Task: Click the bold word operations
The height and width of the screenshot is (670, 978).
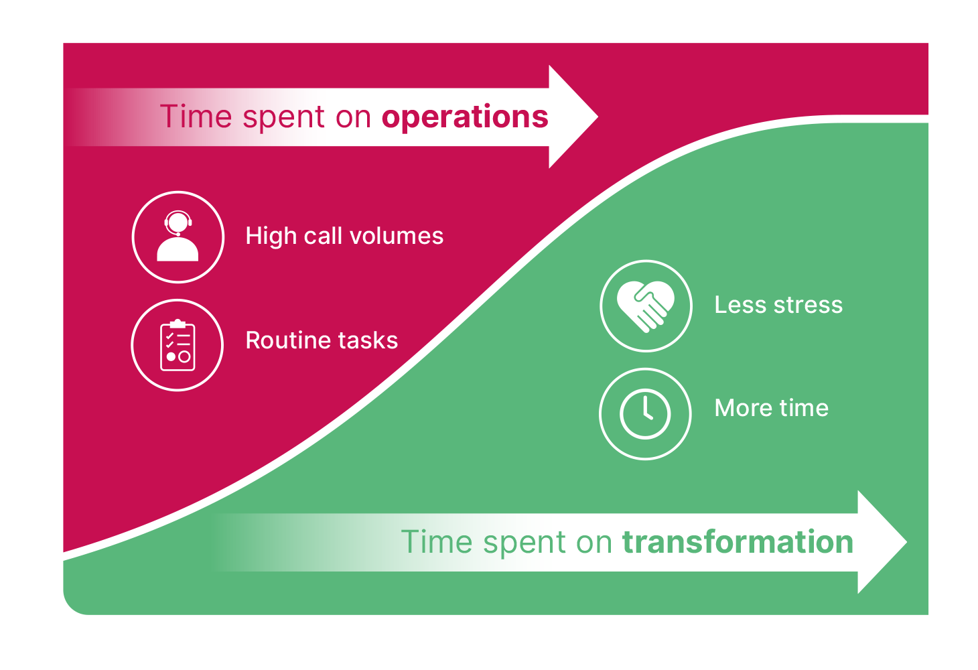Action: (x=465, y=117)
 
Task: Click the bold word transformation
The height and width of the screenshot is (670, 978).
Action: (x=738, y=542)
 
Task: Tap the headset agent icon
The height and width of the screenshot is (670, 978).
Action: (x=178, y=237)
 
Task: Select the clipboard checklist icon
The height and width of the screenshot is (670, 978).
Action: (x=178, y=345)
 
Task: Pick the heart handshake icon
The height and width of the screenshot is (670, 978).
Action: (x=645, y=306)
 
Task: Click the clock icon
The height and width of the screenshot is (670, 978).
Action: (x=645, y=414)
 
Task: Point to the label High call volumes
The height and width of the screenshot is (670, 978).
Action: (x=344, y=236)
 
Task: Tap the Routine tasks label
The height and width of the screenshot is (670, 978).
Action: (x=322, y=340)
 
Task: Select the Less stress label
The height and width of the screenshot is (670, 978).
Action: (x=778, y=305)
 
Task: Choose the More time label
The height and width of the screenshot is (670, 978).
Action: (x=772, y=408)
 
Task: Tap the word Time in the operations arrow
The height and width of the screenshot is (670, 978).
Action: (x=196, y=117)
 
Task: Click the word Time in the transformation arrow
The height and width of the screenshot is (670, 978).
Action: (x=437, y=542)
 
